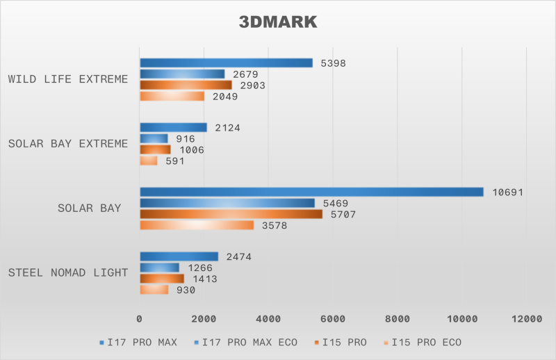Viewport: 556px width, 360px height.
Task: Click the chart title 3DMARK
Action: pyautogui.click(x=278, y=22)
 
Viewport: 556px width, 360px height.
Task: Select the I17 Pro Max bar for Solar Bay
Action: pyautogui.click(x=311, y=192)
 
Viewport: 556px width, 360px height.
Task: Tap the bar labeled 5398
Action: pyautogui.click(x=226, y=63)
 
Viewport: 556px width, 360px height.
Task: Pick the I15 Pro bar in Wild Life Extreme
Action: pyautogui.click(x=186, y=85)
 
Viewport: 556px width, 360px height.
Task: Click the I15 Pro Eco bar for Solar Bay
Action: pyautogui.click(x=197, y=225)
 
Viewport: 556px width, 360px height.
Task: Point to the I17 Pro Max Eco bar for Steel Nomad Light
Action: pyautogui.click(x=159, y=268)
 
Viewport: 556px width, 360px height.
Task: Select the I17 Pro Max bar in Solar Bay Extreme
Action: pyautogui.click(x=173, y=127)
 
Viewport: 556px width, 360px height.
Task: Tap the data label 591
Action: pyautogui.click(x=174, y=161)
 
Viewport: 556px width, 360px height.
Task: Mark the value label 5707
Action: pyautogui.click(x=342, y=215)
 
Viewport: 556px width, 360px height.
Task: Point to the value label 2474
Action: pyautogui.click(x=238, y=257)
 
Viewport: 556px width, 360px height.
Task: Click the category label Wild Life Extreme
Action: pyautogui.click(x=68, y=79)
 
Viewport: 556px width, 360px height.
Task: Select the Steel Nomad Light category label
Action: pyautogui.click(x=68, y=272)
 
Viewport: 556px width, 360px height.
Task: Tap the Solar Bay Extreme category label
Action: pyautogui.click(x=68, y=144)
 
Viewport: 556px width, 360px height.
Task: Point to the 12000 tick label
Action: pyautogui.click(x=525, y=318)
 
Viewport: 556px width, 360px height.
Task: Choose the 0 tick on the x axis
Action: pyautogui.click(x=140, y=318)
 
